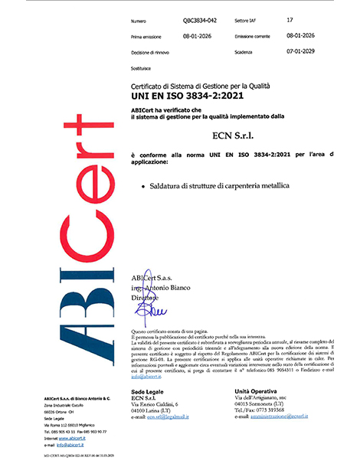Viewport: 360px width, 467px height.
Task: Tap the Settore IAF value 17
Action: pyautogui.click(x=288, y=21)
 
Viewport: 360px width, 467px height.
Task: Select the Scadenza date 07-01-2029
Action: pyautogui.click(x=299, y=51)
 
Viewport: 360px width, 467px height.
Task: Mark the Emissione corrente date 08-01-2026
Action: pyautogui.click(x=299, y=36)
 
